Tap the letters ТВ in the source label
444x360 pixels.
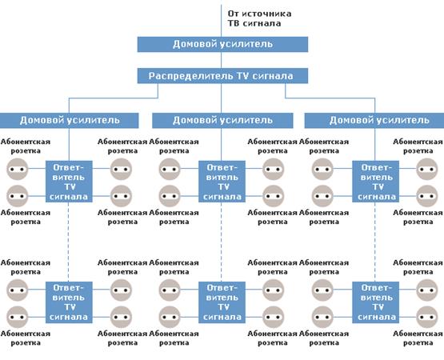[234, 23]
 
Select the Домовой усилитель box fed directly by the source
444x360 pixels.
[222, 44]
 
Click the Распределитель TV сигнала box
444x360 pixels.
[222, 76]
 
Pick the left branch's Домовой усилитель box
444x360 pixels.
[69, 120]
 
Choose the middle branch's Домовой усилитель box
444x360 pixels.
[222, 120]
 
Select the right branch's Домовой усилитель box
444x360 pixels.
[374, 120]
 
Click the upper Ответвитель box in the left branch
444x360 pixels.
[69, 182]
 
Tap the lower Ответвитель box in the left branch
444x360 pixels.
[69, 302]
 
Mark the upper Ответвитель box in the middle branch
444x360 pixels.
[222, 182]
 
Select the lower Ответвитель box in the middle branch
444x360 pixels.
[222, 302]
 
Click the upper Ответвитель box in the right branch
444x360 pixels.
[375, 182]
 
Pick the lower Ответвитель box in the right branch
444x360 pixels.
[375, 302]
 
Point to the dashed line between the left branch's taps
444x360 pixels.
[69, 242]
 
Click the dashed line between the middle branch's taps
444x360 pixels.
[222, 242]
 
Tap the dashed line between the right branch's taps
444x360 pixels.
[375, 242]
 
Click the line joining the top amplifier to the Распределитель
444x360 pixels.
[222, 60]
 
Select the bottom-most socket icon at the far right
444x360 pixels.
[426, 317]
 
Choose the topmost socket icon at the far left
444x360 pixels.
[18, 169]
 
